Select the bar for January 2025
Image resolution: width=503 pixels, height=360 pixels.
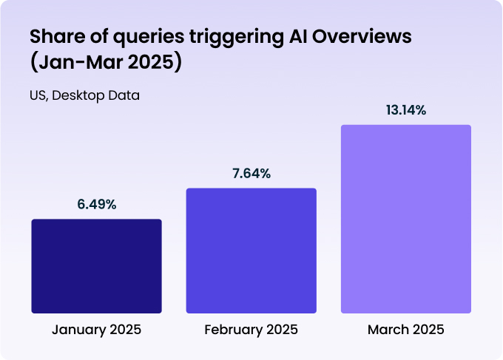click(96, 265)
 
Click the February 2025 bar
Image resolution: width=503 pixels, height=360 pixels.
click(251, 250)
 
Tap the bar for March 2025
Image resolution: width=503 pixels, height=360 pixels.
click(406, 218)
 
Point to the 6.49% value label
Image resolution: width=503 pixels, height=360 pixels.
click(97, 205)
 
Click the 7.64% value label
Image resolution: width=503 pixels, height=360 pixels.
click(251, 174)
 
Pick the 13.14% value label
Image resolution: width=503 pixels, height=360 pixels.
click(406, 110)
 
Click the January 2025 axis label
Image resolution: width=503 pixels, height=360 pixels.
click(96, 329)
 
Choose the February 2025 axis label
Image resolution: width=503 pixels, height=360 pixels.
click(251, 329)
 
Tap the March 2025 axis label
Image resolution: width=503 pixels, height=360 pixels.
click(406, 329)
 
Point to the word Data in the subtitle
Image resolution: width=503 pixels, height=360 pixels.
click(125, 95)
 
